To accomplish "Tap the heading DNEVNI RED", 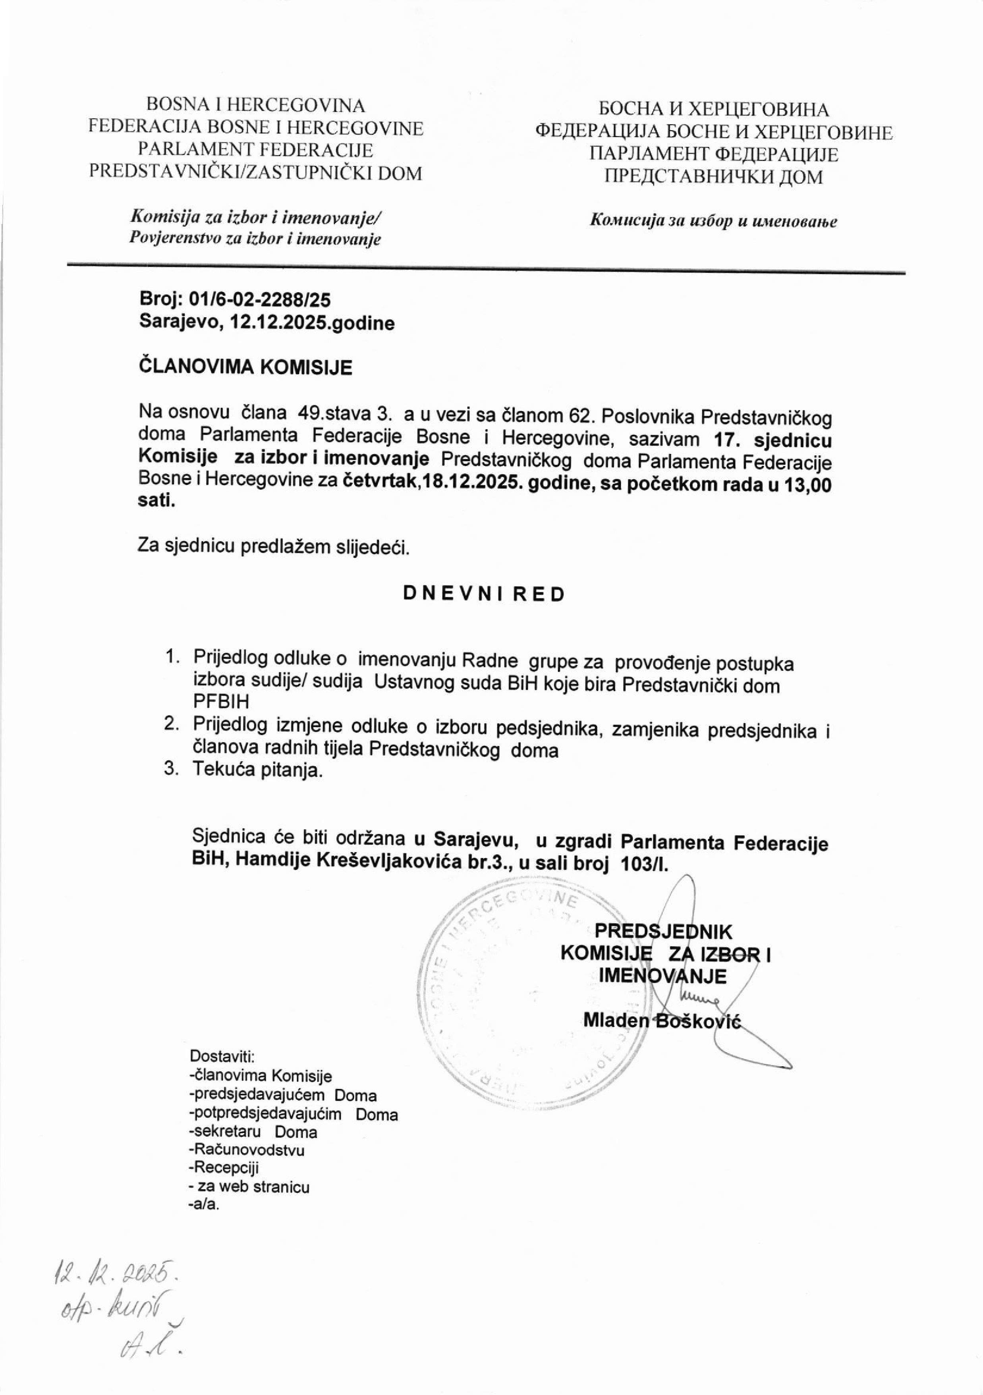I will [484, 594].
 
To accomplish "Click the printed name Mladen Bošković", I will [662, 1020].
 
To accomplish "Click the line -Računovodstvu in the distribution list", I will [247, 1150].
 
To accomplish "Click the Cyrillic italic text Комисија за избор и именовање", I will [713, 221].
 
